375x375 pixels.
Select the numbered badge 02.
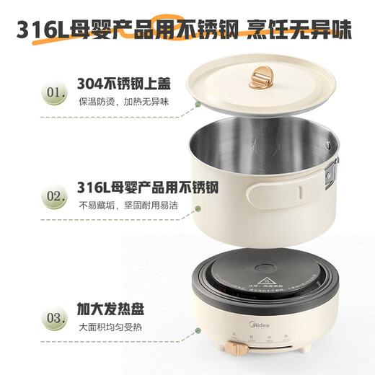tap(32, 196)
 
